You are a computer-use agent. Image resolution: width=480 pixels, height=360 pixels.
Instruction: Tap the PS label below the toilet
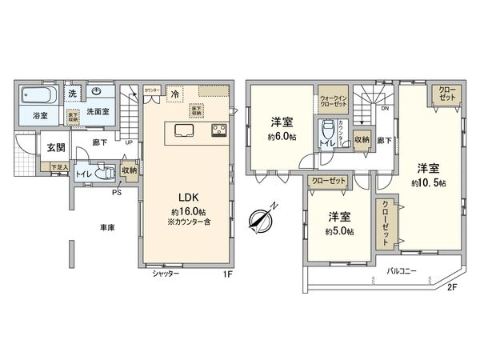click(117, 192)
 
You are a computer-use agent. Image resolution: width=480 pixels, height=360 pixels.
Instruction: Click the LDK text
click(187, 196)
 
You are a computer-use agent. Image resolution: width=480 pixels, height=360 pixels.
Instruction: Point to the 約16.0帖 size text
click(187, 211)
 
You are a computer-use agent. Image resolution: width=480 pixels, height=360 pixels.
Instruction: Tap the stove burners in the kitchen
click(219, 130)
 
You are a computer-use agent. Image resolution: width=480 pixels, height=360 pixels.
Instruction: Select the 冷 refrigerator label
click(174, 94)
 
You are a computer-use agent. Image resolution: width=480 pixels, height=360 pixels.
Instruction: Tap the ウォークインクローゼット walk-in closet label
click(334, 98)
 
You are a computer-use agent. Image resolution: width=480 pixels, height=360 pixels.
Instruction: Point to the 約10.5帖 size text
click(429, 183)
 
